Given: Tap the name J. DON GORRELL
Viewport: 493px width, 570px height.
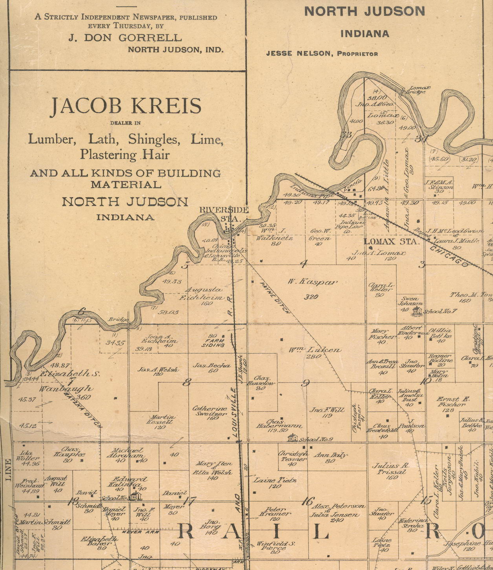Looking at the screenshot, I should coord(125,38).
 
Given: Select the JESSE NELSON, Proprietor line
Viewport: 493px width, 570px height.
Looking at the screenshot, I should coord(322,54).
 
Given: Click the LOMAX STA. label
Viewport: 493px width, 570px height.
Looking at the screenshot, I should coord(391,242).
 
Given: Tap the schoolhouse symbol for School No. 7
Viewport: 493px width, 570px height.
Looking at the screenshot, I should coord(417,311).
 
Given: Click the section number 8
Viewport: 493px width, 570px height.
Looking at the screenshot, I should coord(187,382).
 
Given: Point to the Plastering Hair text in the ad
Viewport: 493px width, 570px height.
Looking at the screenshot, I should coord(125,155).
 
